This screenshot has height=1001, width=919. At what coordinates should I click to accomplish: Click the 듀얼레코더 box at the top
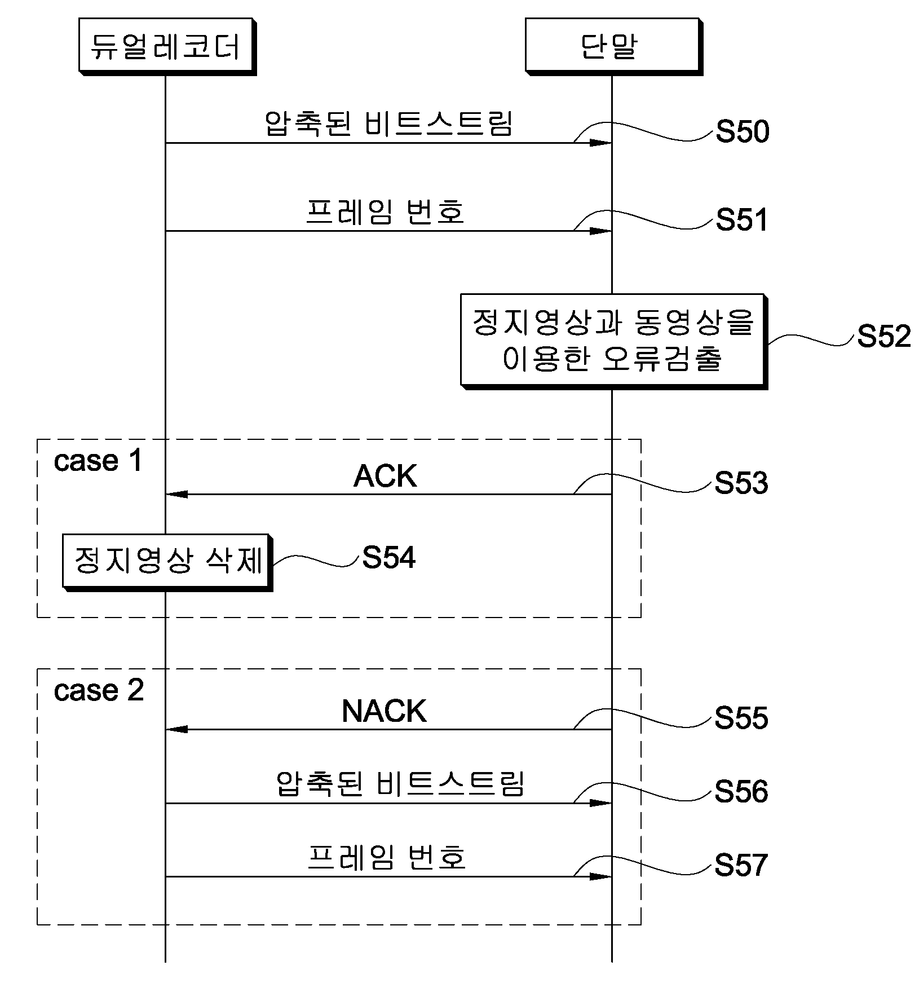[167, 46]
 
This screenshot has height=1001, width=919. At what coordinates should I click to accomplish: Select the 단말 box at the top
[614, 46]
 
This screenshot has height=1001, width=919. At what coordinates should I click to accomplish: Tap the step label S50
[743, 132]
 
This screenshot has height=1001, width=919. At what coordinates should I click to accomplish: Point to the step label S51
[742, 220]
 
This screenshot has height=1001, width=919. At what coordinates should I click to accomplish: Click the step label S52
[883, 337]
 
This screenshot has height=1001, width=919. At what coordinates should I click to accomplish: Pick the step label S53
[741, 483]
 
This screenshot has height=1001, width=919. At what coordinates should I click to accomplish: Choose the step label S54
[388, 558]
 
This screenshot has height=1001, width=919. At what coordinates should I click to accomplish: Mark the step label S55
[741, 718]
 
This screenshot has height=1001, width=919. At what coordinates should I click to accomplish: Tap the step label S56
[741, 792]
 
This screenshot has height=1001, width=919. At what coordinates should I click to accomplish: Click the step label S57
[741, 865]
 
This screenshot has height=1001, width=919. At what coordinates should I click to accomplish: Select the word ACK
[385, 477]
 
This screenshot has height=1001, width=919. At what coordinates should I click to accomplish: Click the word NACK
[384, 712]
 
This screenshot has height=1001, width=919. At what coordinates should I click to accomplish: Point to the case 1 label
[98, 461]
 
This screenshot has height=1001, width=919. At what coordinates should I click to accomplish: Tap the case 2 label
[99, 691]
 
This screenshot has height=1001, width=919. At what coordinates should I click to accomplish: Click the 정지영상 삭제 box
[167, 562]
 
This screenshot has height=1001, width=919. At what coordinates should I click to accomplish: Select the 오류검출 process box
[614, 341]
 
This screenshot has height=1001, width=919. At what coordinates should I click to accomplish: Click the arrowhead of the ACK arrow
[176, 495]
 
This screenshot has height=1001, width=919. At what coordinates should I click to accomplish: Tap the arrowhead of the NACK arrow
[176, 730]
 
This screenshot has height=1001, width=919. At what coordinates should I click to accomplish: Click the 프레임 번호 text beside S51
[385, 213]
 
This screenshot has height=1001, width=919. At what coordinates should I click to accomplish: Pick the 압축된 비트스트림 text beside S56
[400, 784]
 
